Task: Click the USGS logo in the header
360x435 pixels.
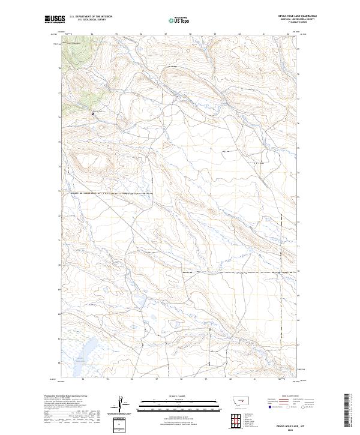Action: coord(55,20)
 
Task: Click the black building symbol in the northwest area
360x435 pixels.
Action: coord(92,113)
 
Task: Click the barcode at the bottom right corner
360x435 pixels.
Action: coord(346,410)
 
